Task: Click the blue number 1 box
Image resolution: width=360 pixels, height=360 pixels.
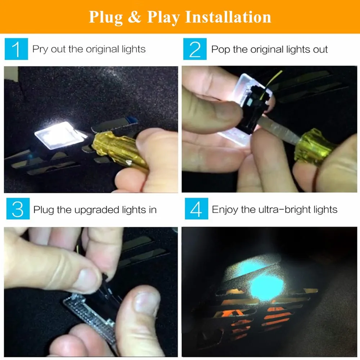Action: coord(16,49)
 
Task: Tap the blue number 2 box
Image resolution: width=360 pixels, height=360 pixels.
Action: coord(195,49)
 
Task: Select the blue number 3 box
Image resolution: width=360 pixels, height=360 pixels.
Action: coord(18,209)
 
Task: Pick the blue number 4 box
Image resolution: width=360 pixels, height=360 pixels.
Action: coord(197,209)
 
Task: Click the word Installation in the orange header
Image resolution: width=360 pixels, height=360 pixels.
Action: coord(228,17)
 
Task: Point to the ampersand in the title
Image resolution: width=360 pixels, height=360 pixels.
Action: coord(134,17)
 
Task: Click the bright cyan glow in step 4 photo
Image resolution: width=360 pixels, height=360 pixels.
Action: coord(266,287)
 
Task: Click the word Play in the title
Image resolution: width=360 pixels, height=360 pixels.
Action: coord(163,17)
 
